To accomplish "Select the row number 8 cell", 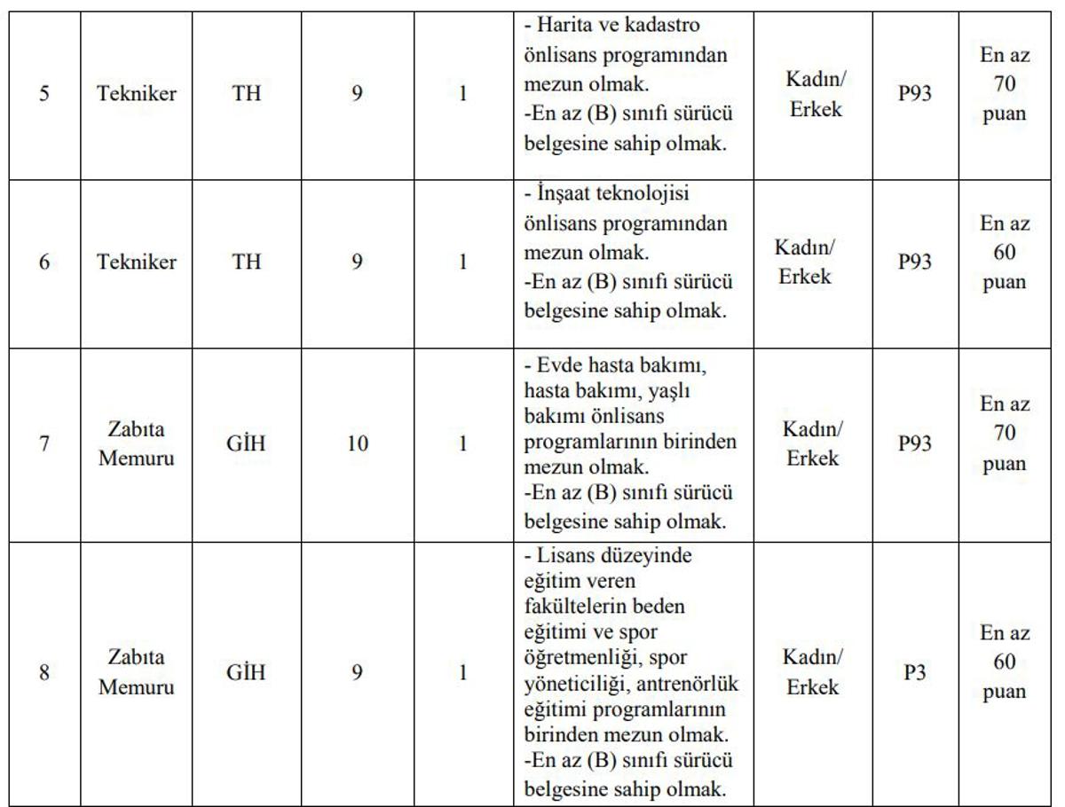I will click(43, 672).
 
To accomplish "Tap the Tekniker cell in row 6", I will click(137, 262).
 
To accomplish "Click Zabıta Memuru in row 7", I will click(137, 443).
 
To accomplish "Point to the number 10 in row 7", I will click(357, 443).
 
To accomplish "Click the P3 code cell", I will click(915, 672).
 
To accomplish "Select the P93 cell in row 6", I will click(915, 262).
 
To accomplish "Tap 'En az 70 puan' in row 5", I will click(1005, 85).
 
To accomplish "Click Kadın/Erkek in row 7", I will click(812, 443).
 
